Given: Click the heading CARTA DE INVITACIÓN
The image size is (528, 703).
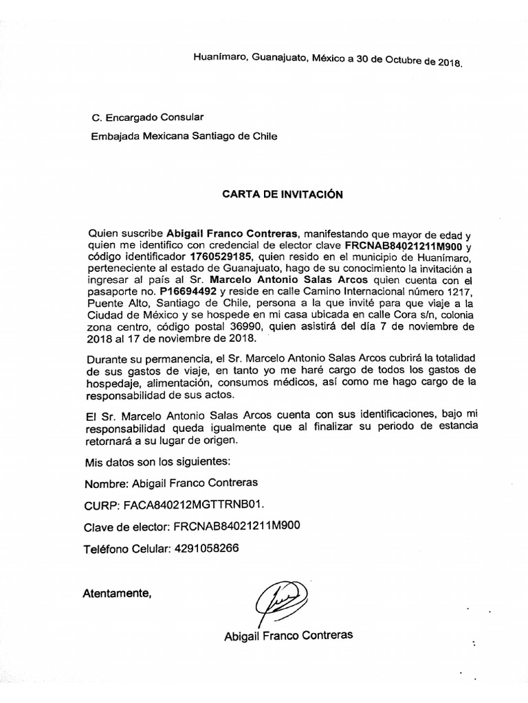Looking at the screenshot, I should pyautogui.click(x=282, y=194).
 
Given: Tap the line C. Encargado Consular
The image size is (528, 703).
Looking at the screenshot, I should pyautogui.click(x=147, y=117).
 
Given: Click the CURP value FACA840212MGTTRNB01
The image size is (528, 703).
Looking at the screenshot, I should pyautogui.click(x=192, y=505).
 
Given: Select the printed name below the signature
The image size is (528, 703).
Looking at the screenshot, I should pyautogui.click(x=289, y=635).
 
